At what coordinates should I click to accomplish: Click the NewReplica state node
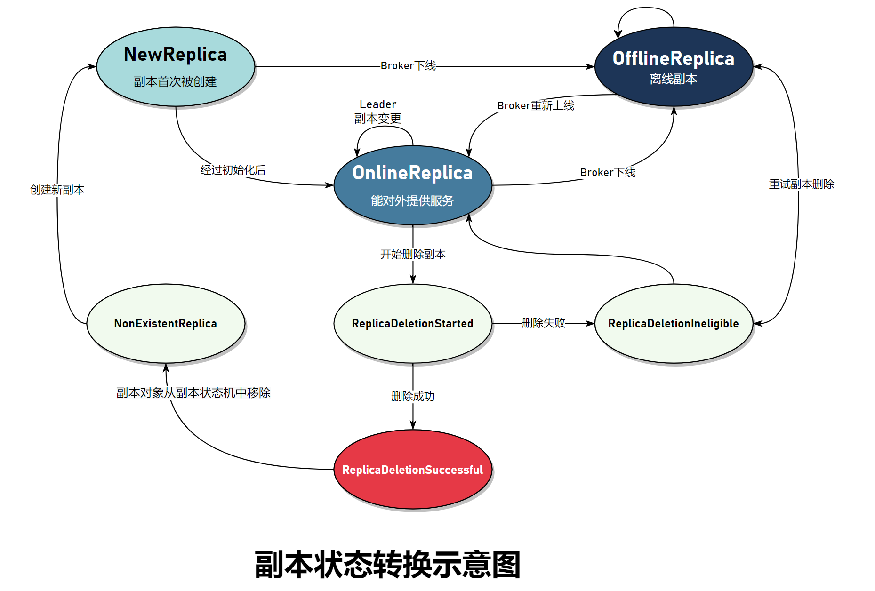point(175,66)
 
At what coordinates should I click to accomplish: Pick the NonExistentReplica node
point(165,323)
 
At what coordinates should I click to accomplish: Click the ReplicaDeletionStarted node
point(412,323)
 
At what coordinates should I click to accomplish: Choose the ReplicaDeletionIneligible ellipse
point(673,323)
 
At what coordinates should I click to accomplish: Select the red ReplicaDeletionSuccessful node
point(412,470)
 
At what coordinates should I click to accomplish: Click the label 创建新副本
point(57,190)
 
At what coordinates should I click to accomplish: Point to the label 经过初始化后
point(233,170)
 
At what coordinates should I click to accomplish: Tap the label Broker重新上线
point(535,105)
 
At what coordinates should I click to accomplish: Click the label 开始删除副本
point(412,254)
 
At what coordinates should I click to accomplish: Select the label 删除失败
point(543,323)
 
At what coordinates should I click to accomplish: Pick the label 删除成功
point(412,396)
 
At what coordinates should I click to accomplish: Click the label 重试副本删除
point(801,184)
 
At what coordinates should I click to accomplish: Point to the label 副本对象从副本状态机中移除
point(193,392)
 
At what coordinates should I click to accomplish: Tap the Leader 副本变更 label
point(377,112)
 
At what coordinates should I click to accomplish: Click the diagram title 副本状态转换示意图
point(387,564)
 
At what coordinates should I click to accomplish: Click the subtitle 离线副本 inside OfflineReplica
point(673,79)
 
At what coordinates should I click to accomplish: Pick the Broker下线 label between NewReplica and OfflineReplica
point(408,65)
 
